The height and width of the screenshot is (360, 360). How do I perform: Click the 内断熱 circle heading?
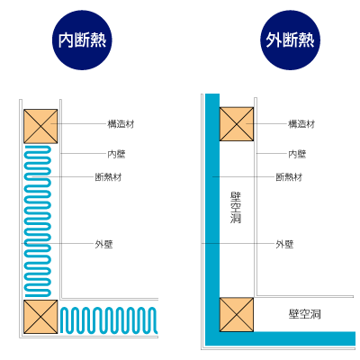(82, 40)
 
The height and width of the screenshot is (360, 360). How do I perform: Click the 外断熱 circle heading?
(290, 40)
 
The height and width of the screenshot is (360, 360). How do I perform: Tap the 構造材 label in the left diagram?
(121, 124)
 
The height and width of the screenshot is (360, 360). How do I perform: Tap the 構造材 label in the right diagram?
(301, 124)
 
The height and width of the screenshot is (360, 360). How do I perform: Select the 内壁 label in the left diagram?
(116, 154)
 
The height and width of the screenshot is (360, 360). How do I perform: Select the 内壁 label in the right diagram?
(297, 154)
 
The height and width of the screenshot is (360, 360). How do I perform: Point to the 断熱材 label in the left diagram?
(108, 177)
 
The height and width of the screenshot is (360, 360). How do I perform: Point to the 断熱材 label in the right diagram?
(289, 177)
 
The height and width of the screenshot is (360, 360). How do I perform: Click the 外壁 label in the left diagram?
(103, 244)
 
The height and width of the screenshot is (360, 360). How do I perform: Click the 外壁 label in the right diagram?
(284, 244)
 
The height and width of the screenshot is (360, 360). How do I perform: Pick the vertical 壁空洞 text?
(236, 208)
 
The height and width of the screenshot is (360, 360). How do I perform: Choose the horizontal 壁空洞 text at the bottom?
(304, 314)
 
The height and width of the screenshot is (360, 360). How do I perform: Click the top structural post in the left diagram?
(40, 126)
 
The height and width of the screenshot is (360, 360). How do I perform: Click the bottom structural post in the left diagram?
(40, 317)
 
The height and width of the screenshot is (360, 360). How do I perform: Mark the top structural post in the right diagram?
(237, 124)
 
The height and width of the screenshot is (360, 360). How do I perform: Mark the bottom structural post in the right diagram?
(237, 315)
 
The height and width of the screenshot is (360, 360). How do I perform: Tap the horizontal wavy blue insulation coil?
(109, 320)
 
